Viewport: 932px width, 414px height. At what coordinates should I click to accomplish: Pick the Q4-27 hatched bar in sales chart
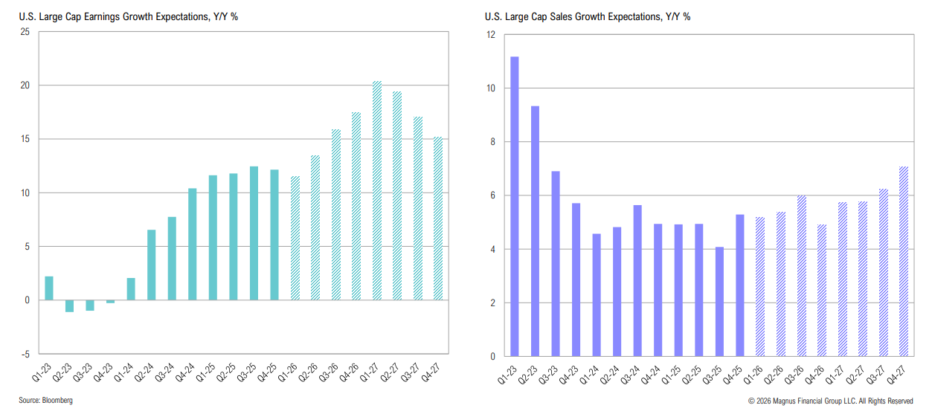[x=903, y=261]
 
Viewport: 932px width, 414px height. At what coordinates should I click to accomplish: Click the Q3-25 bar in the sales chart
[x=719, y=301]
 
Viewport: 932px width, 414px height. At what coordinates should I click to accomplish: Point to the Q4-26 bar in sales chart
[x=821, y=290]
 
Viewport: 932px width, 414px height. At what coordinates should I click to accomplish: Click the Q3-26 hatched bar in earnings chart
[x=335, y=215]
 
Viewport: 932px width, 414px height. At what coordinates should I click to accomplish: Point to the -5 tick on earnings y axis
[x=25, y=354]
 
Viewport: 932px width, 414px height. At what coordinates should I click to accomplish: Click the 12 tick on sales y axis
[x=490, y=35]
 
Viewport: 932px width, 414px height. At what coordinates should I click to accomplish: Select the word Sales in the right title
[x=568, y=16]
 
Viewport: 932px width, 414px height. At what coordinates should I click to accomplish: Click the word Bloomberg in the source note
[x=57, y=401]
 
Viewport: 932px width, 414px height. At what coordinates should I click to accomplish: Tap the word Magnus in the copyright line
[x=789, y=401]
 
